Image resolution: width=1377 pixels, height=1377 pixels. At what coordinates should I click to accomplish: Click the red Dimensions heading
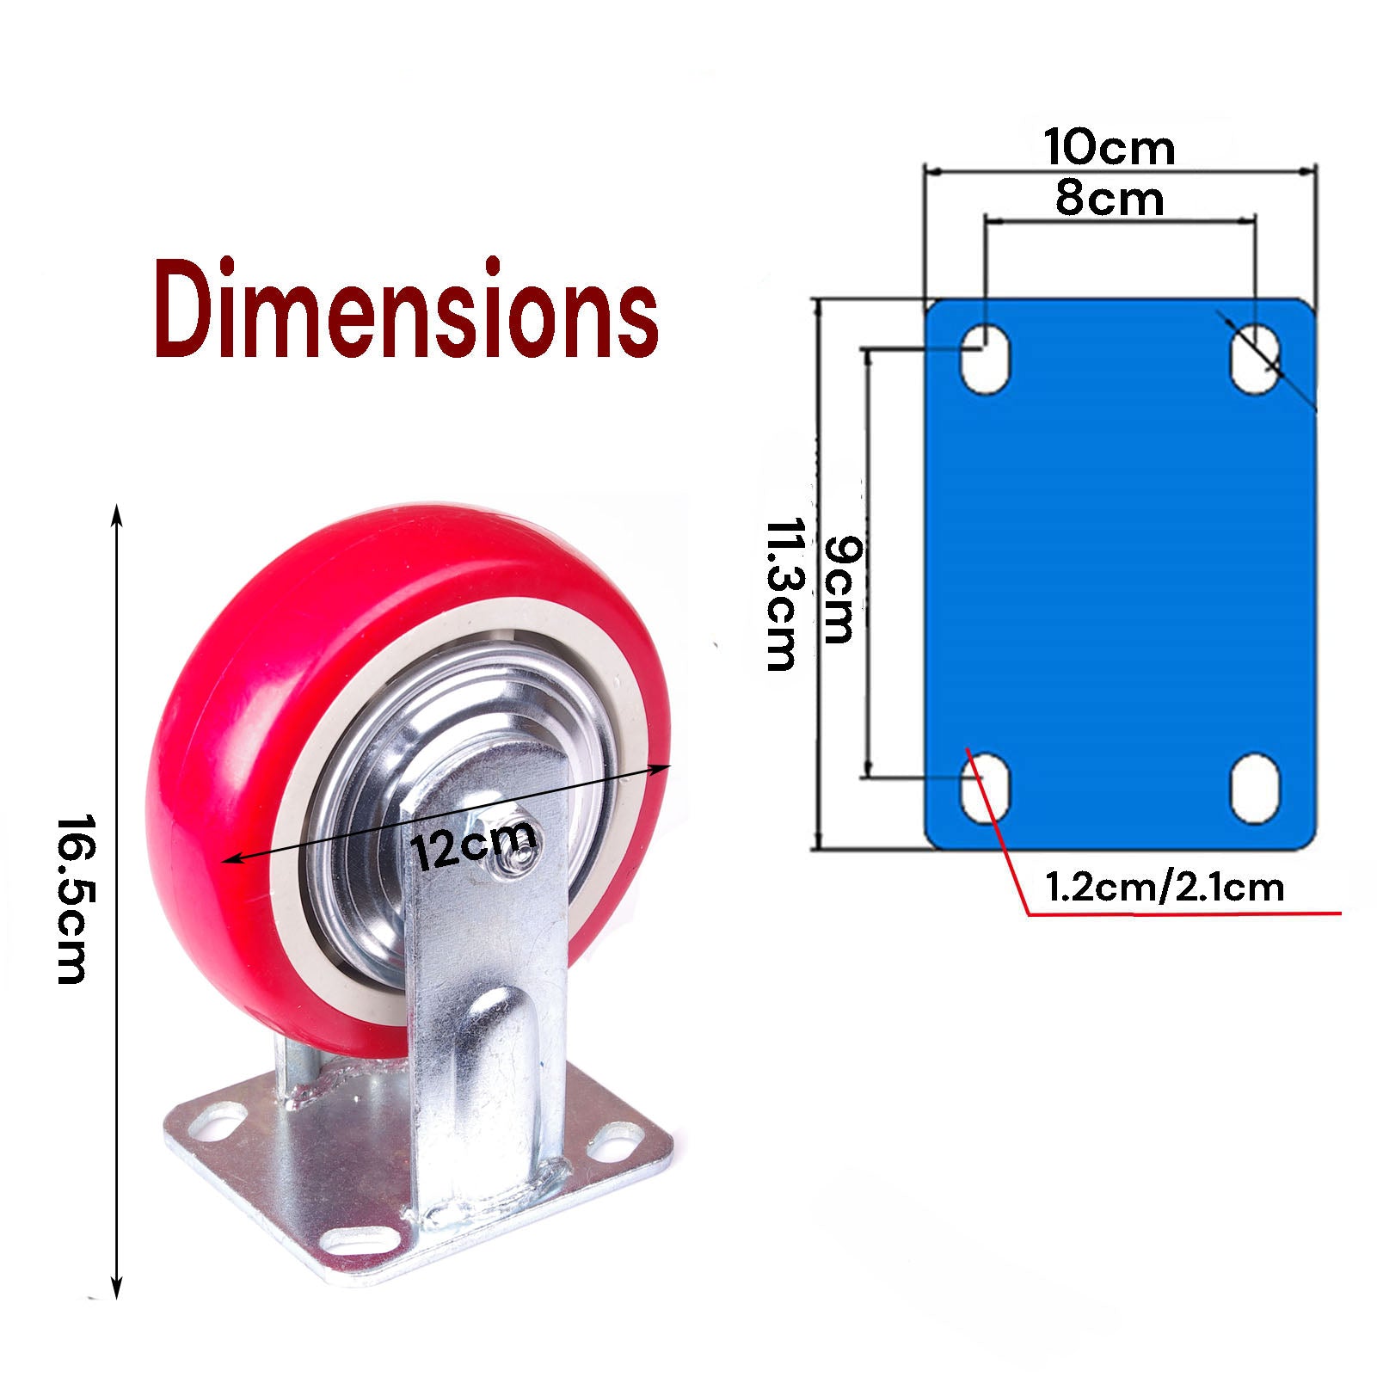406,310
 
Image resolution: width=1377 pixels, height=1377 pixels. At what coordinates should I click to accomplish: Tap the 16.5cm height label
72,898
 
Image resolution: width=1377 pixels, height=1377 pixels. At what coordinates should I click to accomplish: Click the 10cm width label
1110,147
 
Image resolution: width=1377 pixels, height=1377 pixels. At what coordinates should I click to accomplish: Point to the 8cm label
1110,200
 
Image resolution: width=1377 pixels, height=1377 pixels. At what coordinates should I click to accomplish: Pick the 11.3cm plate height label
780,593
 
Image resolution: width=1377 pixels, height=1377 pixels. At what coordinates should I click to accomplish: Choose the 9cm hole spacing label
839,589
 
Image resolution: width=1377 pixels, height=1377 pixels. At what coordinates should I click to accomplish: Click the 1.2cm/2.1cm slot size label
1165,887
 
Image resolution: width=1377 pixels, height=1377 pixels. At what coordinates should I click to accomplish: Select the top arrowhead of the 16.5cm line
117,514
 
